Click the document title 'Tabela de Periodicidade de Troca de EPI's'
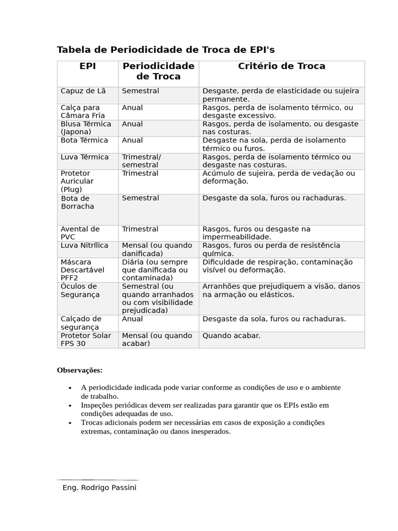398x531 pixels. [165, 50]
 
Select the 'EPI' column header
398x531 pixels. [88, 66]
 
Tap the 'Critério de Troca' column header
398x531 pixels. [281, 66]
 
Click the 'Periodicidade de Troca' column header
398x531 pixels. [158, 72]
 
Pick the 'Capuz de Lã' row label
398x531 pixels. [83, 91]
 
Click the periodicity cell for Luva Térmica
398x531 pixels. [141, 161]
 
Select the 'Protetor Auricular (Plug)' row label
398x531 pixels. [77, 181]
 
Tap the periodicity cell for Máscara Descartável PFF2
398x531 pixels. [155, 270]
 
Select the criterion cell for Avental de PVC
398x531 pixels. [257, 233]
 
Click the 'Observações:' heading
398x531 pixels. [79, 370]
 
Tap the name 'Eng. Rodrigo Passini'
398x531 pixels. [99, 488]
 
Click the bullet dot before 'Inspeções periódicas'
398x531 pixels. [70, 406]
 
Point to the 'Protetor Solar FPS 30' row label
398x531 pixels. [86, 340]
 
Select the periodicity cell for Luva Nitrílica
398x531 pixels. [150, 249]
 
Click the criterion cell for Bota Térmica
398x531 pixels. [274, 144]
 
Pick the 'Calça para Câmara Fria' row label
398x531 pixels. [82, 111]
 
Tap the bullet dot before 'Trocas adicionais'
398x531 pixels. [70, 423]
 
